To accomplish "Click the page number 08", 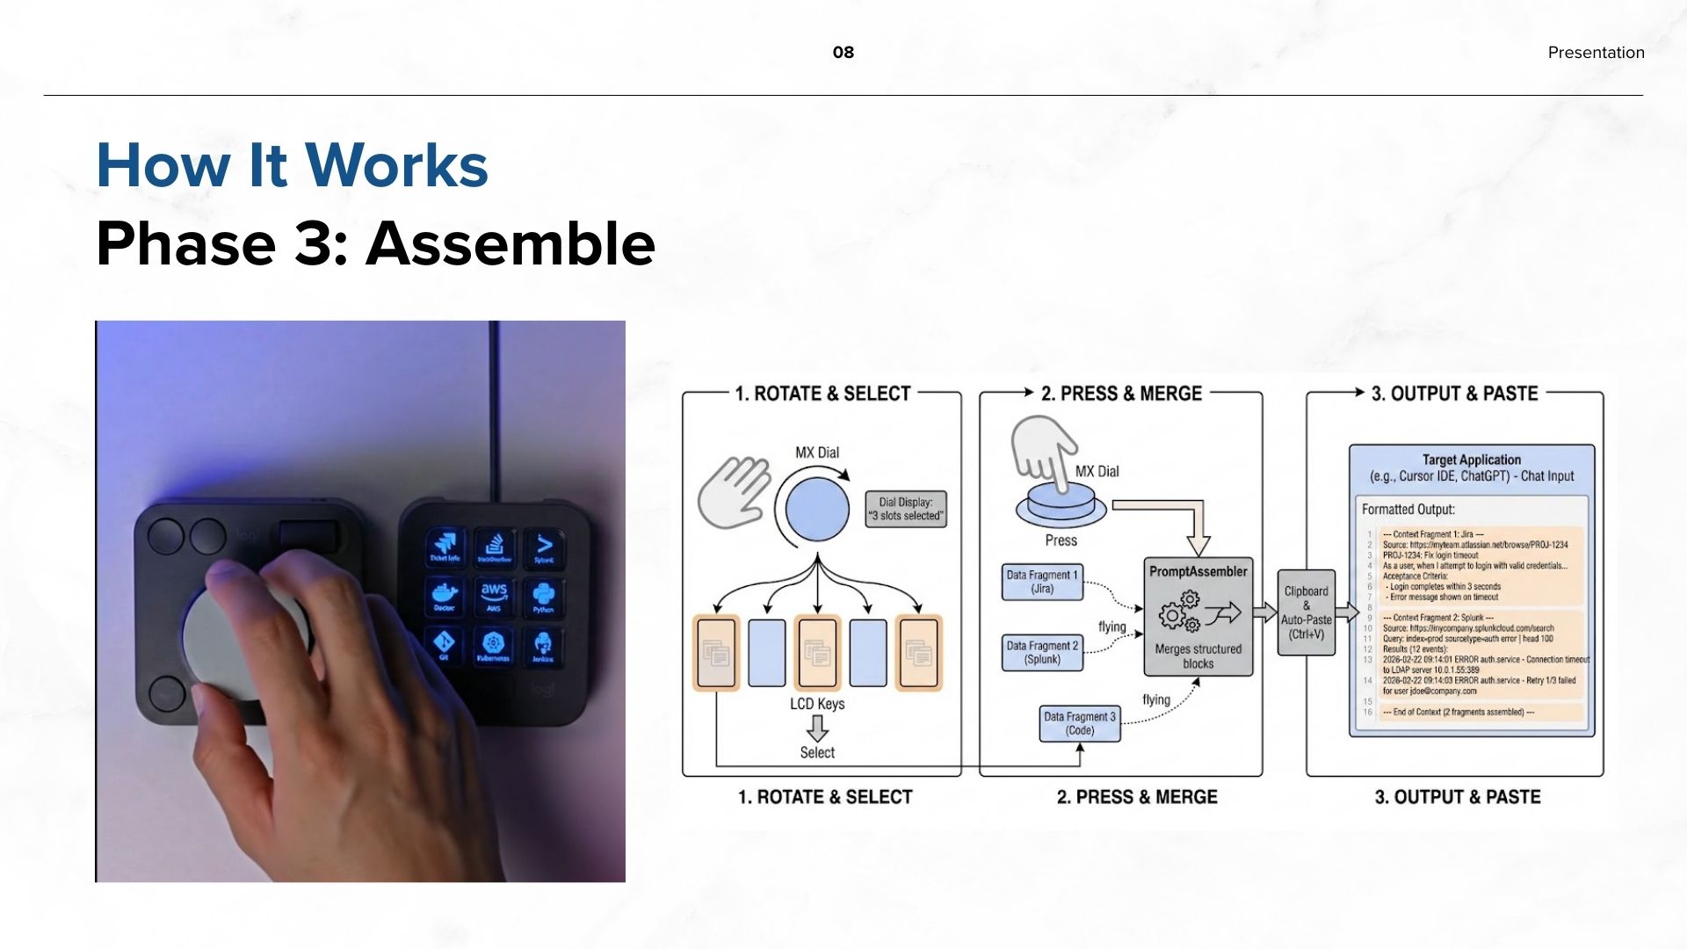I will click(843, 53).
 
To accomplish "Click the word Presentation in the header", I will click(1596, 53).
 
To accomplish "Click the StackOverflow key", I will click(494, 546).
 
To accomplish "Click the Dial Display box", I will click(906, 509).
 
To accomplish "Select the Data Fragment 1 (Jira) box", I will click(1042, 582).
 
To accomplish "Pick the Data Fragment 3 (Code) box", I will click(1080, 723).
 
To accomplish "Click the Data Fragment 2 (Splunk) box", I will click(1042, 652).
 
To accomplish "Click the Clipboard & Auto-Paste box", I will click(1306, 612).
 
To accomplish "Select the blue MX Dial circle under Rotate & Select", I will click(817, 509).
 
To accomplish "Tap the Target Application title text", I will click(1471, 460).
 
